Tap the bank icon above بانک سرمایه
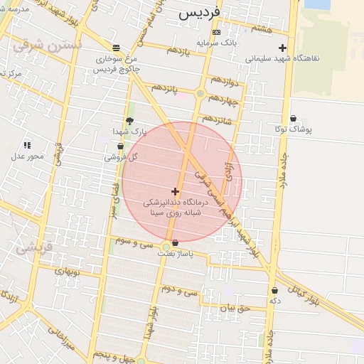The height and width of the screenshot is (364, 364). [217, 33]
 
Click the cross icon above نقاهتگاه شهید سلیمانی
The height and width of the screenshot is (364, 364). [282, 48]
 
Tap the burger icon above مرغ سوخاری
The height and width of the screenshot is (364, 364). [116, 48]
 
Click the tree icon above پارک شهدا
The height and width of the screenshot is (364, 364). [129, 121]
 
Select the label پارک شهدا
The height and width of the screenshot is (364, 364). [129, 132]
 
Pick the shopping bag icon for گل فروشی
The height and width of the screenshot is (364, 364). [119, 146]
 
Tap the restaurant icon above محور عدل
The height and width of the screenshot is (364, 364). [27, 145]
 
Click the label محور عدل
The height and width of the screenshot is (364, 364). [27, 156]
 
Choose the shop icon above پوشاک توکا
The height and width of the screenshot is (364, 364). [293, 119]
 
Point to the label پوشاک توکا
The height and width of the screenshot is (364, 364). [293, 129]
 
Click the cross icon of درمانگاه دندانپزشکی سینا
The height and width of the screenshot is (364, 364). [175, 191]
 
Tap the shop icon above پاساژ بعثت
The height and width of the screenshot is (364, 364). [175, 244]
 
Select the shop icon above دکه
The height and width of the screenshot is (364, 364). [274, 290]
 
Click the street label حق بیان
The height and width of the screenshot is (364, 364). [235, 308]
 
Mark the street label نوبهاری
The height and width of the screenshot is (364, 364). [70, 271]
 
